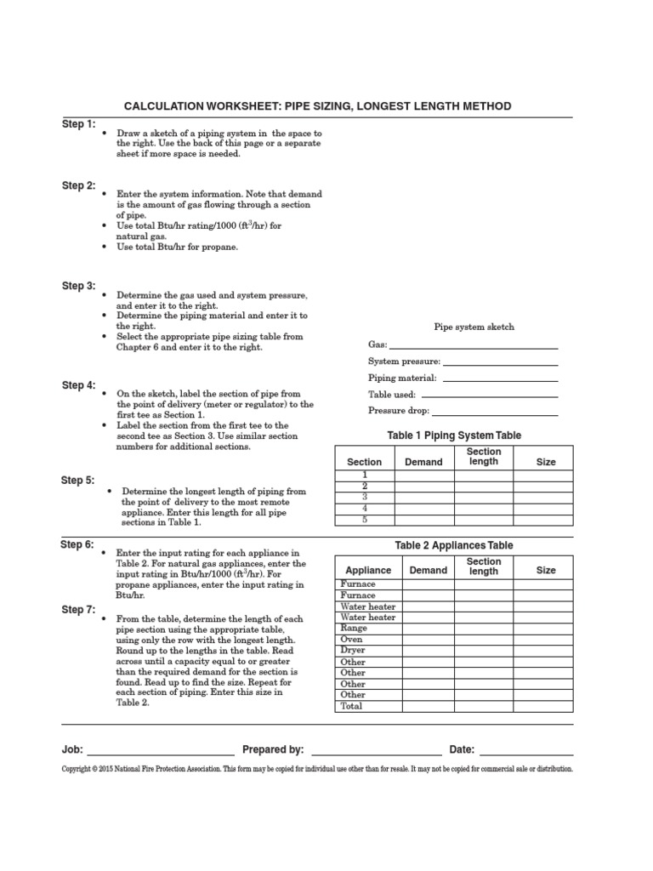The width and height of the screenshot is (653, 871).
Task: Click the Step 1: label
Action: click(78, 124)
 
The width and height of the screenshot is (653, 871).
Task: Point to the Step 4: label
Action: click(78, 385)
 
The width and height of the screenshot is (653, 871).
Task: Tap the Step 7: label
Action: click(78, 610)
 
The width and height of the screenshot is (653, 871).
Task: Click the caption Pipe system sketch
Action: click(474, 327)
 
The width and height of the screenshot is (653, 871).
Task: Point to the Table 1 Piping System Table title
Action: click(454, 435)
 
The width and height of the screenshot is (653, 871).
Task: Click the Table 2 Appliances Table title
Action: click(454, 545)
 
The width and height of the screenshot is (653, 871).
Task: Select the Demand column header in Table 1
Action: click(423, 462)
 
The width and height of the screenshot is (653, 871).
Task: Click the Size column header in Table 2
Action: click(546, 571)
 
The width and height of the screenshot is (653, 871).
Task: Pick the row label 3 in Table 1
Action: click(365, 497)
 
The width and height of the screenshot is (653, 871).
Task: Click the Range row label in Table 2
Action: click(354, 629)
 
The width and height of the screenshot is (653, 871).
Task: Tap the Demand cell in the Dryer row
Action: click(428, 651)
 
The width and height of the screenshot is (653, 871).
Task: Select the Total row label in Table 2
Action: click(351, 706)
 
